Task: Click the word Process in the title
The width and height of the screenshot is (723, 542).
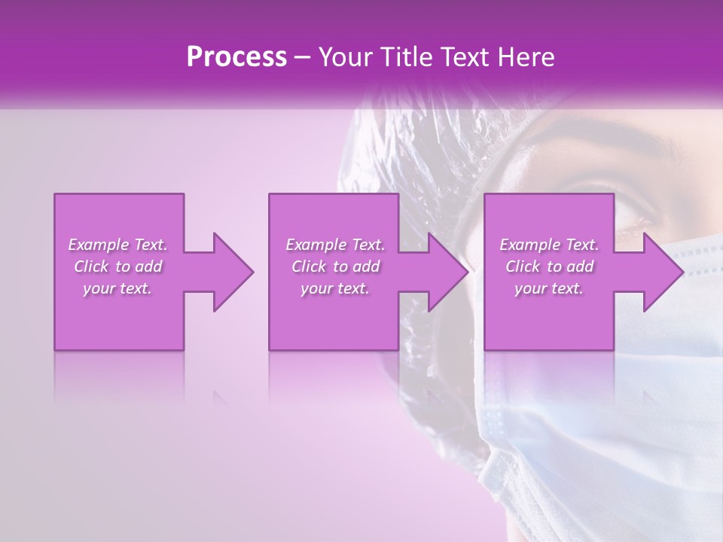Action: point(236,57)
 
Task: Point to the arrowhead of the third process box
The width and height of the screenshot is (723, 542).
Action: point(662,272)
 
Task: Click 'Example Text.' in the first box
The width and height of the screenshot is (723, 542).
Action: point(117,245)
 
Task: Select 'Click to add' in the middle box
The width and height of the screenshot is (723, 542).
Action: point(335,266)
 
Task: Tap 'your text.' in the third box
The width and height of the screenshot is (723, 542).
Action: point(549,288)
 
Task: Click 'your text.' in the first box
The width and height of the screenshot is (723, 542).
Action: point(117,288)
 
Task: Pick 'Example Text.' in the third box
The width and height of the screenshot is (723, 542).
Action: point(549,245)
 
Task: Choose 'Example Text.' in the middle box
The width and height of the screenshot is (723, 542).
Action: point(335,245)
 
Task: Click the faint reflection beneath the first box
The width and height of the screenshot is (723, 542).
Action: point(119,376)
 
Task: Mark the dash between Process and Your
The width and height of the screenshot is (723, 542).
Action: point(303,57)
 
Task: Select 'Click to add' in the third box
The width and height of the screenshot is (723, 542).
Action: point(549,266)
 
